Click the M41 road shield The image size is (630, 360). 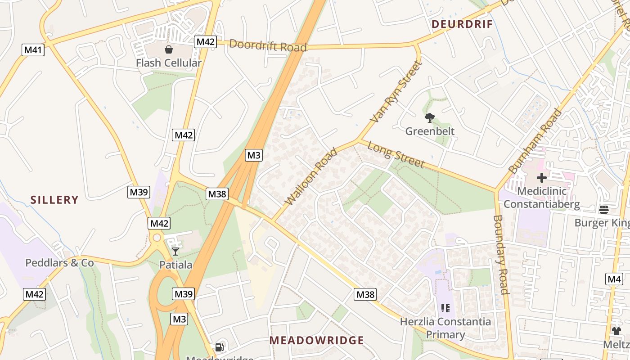point(33,50)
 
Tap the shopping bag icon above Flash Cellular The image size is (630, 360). point(169,49)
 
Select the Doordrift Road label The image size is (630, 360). point(268,46)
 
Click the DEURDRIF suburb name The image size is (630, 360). point(462,24)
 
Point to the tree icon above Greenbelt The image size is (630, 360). point(430,118)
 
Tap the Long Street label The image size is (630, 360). point(396,154)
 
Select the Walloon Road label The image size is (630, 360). point(311,176)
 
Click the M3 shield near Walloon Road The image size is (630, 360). point(254,155)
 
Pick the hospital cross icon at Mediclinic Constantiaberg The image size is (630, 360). point(542,177)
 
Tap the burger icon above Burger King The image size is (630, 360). point(604,209)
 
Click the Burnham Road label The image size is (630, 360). point(535,141)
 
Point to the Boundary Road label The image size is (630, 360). point(501,254)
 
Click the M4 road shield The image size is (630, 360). point(614,279)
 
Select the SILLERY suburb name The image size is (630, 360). point(54,200)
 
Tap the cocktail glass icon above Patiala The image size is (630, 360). point(175,251)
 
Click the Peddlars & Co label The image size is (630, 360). point(59,263)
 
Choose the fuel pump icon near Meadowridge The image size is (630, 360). point(220,347)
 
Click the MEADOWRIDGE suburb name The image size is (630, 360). point(316,341)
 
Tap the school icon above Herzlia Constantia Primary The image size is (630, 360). point(445,308)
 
